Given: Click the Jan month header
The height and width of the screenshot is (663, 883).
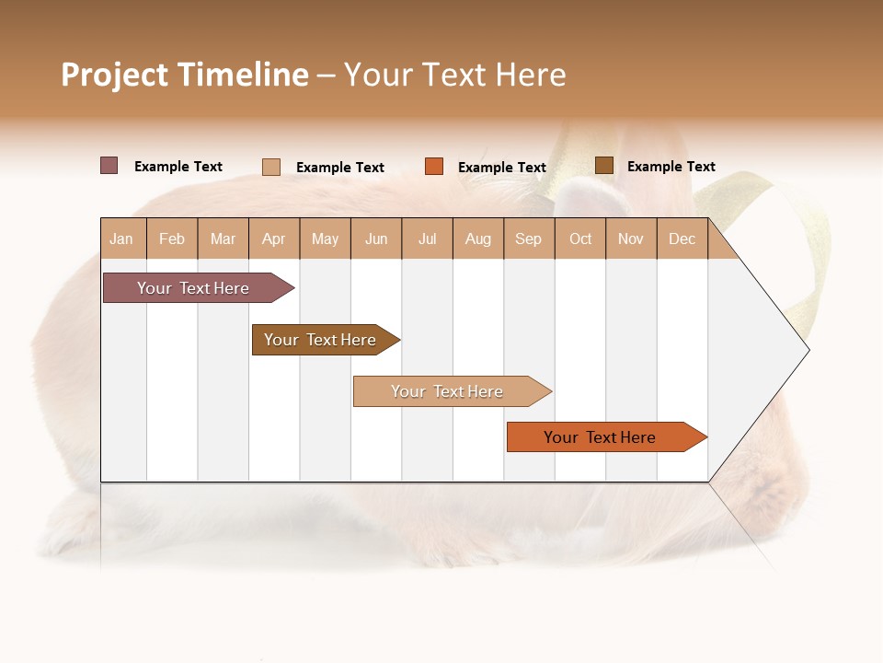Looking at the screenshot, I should click(x=122, y=238).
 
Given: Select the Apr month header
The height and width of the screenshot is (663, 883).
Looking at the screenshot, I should click(x=274, y=238).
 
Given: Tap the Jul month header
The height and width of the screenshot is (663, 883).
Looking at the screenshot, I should click(x=428, y=238).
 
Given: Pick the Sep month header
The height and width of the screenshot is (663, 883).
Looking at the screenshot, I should click(x=529, y=238).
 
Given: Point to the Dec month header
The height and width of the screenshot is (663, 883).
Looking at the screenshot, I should click(x=682, y=238).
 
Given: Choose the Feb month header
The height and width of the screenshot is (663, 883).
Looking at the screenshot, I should click(x=172, y=238).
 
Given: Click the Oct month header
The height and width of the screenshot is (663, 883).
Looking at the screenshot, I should click(x=580, y=238).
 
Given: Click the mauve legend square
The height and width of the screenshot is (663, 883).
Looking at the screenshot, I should click(x=109, y=166).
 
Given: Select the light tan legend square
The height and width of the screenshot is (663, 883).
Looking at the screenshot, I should click(x=271, y=167).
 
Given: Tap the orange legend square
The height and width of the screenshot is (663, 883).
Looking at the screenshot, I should click(x=434, y=167).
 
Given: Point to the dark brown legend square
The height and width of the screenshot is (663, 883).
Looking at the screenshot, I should click(x=604, y=166).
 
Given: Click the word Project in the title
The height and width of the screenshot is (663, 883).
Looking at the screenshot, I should click(x=114, y=75).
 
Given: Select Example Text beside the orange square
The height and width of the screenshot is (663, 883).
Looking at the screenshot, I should click(x=502, y=168).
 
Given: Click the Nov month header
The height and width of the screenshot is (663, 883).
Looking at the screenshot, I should click(x=631, y=238).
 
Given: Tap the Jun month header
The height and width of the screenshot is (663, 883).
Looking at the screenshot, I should click(x=376, y=238).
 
